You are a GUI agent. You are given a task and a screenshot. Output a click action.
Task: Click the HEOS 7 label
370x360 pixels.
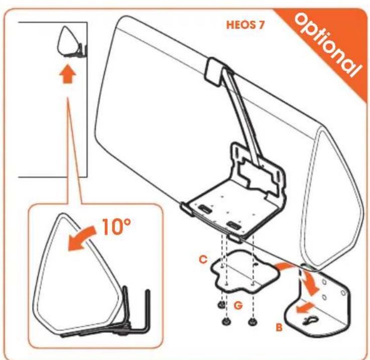[x=245, y=25]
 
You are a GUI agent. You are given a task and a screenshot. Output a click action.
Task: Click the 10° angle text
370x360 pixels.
[x=116, y=227]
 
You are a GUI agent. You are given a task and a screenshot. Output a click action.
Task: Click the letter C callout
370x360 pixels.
[x=203, y=260]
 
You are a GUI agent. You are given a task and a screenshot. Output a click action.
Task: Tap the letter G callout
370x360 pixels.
[x=238, y=305]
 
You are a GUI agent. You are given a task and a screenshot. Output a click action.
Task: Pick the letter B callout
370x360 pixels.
[x=279, y=327]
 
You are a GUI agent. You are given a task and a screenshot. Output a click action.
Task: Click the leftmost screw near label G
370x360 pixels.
[x=220, y=305]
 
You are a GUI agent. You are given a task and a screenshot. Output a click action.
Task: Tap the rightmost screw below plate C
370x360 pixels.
[x=253, y=321]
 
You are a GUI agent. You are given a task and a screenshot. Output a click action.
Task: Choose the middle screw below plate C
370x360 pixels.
[x=226, y=321]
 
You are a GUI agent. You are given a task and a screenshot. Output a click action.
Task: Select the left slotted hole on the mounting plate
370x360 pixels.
[x=205, y=209]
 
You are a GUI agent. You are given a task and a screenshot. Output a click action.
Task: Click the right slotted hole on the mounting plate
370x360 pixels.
[x=233, y=225]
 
